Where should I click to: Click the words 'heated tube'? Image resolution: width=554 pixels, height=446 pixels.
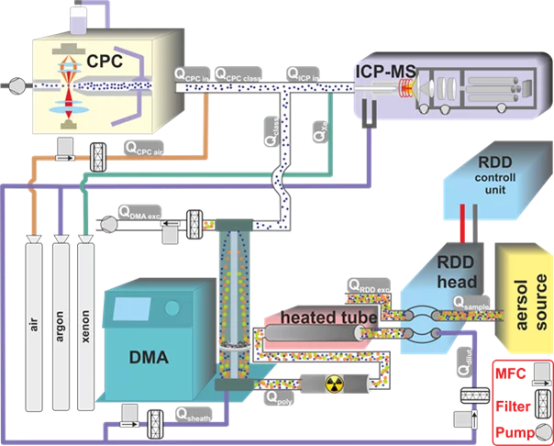click(318, 317)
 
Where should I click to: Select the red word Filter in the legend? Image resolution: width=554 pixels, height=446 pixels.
click(514, 403)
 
